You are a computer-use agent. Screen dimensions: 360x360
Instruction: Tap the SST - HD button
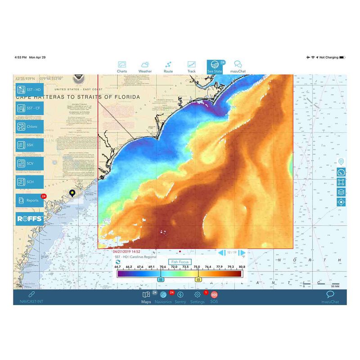click(x=30, y=90)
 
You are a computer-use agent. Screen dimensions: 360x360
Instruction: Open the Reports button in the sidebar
click(x=30, y=200)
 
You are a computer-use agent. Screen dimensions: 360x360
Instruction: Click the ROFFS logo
click(x=30, y=219)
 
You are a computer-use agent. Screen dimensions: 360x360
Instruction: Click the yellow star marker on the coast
click(x=72, y=193)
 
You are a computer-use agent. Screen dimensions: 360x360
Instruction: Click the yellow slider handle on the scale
click(x=198, y=279)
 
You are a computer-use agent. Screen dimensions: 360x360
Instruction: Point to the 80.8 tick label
click(x=242, y=267)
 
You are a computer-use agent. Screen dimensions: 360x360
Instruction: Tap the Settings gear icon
click(x=197, y=295)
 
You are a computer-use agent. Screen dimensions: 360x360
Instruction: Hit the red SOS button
click(x=214, y=295)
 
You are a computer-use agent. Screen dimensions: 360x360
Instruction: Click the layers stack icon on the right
click(x=341, y=192)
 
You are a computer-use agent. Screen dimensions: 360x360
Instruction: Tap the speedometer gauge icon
click(x=341, y=172)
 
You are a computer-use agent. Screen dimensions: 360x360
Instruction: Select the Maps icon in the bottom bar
click(x=146, y=295)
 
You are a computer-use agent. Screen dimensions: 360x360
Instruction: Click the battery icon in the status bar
click(x=342, y=58)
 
